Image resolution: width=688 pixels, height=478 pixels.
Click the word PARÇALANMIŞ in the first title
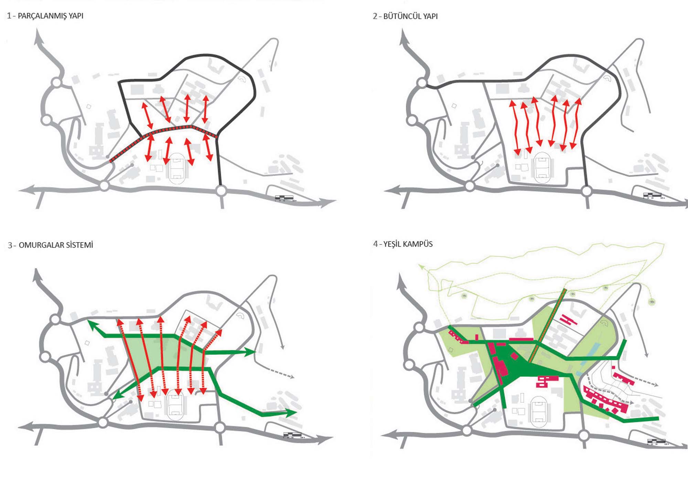coord(42,16)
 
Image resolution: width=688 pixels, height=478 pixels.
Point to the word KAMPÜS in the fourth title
coord(418,244)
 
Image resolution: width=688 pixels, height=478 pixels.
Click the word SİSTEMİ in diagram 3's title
coord(79,245)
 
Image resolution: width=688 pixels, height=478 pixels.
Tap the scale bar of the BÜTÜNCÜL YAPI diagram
coord(652,195)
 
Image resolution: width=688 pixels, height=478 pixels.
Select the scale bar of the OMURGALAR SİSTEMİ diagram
coord(292,435)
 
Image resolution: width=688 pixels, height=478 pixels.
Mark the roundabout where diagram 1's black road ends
coord(221,190)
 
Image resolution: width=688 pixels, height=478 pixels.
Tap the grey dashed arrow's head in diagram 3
coord(292,377)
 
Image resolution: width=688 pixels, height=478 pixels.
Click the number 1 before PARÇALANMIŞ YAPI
coord(9,16)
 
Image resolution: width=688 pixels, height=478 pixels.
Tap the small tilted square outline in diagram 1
coord(89,107)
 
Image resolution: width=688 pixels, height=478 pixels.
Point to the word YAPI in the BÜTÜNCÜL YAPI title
coord(430,16)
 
